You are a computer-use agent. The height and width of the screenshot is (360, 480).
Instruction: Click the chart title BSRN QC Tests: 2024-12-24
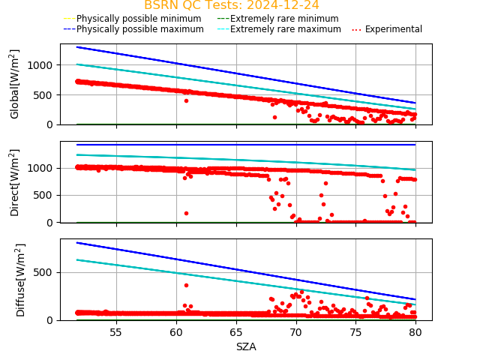click(x=232, y=5)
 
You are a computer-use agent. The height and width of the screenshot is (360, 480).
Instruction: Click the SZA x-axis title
click(x=246, y=346)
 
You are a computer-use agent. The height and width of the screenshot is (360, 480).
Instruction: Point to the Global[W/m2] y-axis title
click(x=15, y=84)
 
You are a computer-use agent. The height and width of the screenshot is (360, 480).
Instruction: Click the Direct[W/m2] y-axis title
click(x=15, y=182)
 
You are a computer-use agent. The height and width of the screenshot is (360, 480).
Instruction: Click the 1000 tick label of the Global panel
click(x=43, y=65)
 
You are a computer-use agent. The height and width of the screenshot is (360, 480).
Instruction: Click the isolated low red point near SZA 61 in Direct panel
click(x=186, y=213)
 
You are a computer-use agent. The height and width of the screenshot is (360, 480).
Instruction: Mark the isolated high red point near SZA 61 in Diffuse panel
click(x=186, y=285)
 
